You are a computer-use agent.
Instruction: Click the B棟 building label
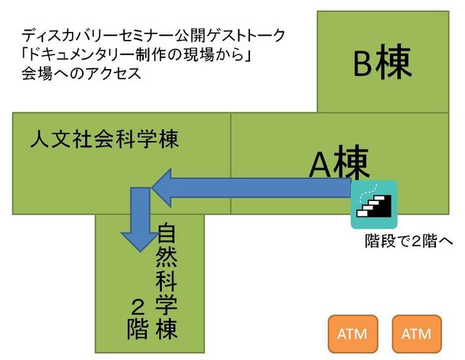[x=383, y=62]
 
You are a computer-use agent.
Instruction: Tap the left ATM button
[x=352, y=334]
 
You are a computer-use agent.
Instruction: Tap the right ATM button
[x=416, y=334]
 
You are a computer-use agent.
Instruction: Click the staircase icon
[x=374, y=205]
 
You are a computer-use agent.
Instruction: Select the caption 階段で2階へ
[x=409, y=241]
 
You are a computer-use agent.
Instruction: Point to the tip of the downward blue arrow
[x=140, y=252]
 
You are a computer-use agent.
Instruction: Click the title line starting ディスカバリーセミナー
[x=153, y=36]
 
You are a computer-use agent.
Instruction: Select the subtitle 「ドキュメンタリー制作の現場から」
[x=137, y=54]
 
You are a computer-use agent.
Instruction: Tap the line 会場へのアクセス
[x=81, y=73]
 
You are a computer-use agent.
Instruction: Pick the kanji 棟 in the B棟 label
[x=394, y=62]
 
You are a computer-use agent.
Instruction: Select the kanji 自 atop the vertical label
[x=166, y=234]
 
